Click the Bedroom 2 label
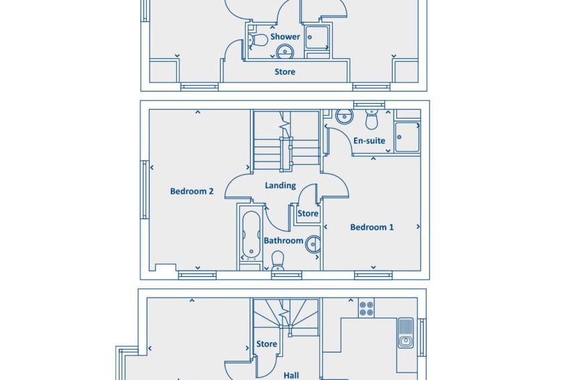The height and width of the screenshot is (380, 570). [192, 191]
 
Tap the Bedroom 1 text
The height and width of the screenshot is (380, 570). [372, 227]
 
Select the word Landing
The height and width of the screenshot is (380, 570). [280, 186]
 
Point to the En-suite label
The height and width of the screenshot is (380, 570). [369, 141]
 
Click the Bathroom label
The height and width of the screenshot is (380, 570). [283, 241]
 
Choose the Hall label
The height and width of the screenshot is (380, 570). [291, 375]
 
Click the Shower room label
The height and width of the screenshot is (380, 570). [285, 37]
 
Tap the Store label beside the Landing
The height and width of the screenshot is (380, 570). [308, 213]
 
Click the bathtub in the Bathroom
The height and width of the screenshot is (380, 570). [251, 235]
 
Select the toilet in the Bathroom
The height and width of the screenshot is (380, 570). [278, 261]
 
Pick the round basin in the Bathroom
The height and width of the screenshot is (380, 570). [313, 244]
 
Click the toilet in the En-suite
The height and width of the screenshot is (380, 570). [372, 119]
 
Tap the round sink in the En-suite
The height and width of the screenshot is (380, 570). [344, 116]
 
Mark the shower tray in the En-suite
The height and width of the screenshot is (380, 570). [408, 137]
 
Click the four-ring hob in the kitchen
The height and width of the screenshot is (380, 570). [366, 308]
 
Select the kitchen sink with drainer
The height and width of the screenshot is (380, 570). [406, 333]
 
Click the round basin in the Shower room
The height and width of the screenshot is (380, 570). [284, 52]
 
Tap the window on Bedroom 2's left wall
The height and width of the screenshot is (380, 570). [145, 190]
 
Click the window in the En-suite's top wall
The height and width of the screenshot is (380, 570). [369, 105]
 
